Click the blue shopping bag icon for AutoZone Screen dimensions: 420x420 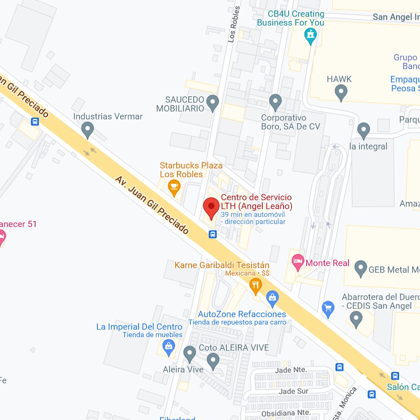(272, 299)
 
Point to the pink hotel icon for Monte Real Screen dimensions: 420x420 (297, 263)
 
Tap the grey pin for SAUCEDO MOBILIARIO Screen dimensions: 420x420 (213, 103)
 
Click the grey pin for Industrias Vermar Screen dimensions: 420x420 (87, 129)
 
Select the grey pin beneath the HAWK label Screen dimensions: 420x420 (341, 92)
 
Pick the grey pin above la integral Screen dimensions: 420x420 (364, 130)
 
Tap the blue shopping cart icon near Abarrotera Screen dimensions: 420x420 (328, 309)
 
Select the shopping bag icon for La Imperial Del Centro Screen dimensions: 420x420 (169, 348)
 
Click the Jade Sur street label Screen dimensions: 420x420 (294, 391)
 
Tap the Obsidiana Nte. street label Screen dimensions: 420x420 (287, 412)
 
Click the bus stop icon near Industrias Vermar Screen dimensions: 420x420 (35, 122)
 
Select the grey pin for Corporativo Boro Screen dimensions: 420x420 (275, 102)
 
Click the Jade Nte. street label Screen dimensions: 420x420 (291, 370)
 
